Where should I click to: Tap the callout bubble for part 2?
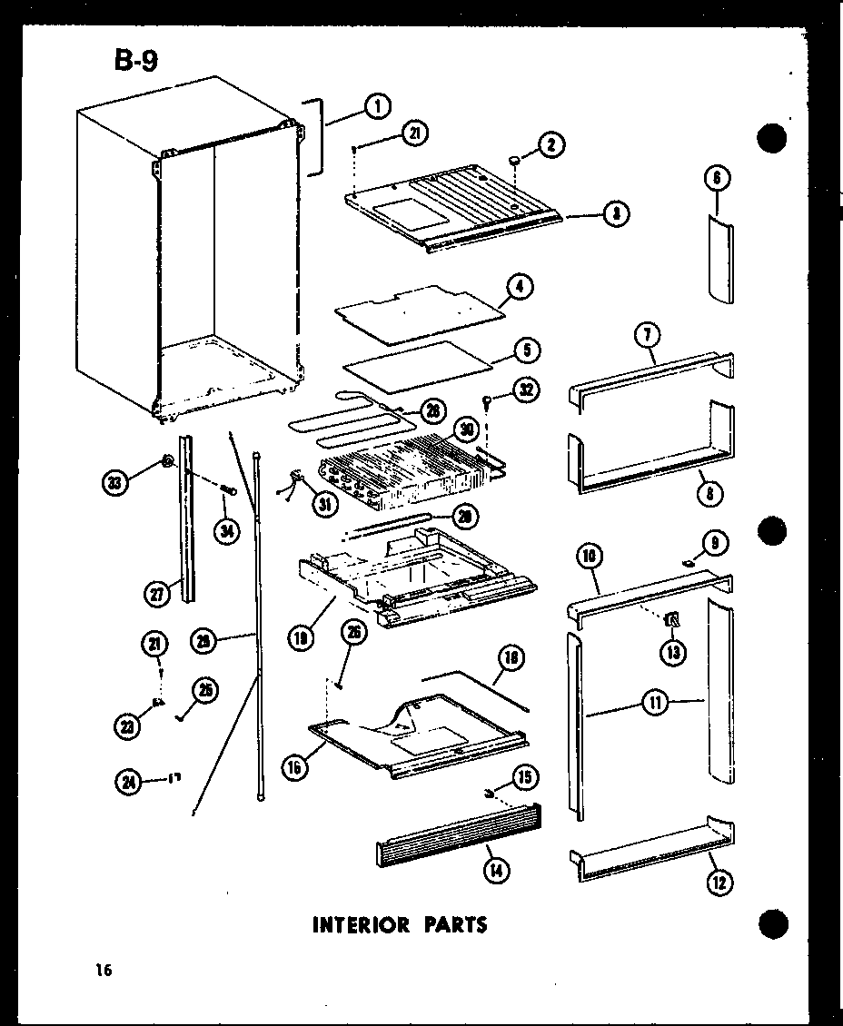[550, 144]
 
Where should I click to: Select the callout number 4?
[520, 288]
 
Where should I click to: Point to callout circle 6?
[718, 180]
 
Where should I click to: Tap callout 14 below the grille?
[496, 870]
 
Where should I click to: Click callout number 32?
[526, 390]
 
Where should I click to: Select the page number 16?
[102, 972]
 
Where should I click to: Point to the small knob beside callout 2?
[515, 160]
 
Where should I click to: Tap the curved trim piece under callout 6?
[720, 259]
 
